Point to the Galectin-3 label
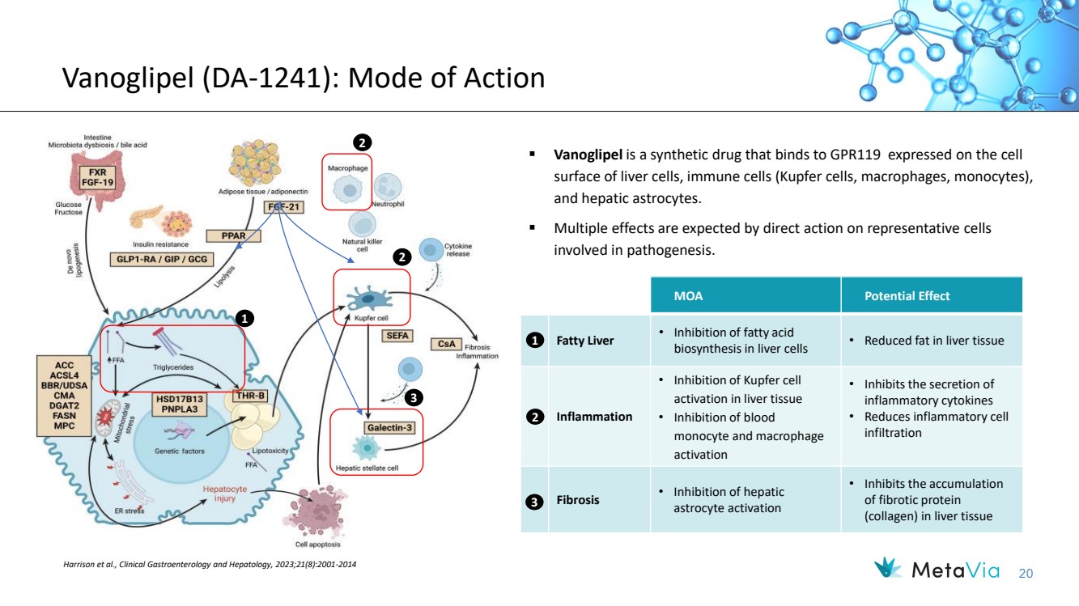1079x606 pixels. [389, 427]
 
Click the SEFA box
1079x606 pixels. [397, 335]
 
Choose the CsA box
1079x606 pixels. [445, 344]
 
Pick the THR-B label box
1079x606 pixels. [250, 396]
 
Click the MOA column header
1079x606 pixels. [688, 296]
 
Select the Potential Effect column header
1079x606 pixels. [907, 296]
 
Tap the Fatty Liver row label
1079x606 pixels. [584, 341]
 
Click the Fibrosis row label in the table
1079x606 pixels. [577, 500]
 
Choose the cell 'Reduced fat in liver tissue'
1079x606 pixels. [933, 341]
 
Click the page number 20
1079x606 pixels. [1026, 573]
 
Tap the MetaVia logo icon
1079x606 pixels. [890, 569]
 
